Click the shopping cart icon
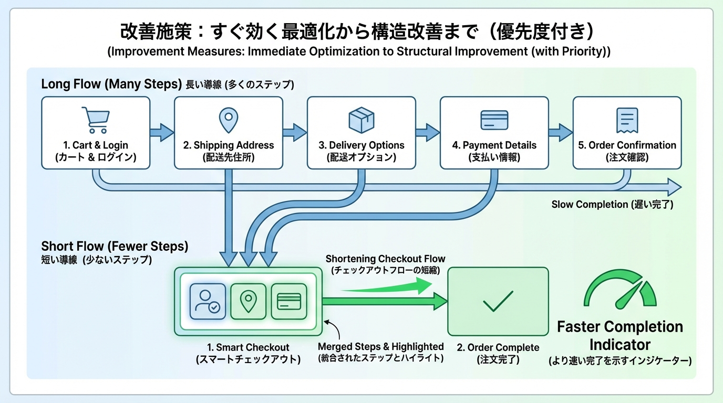(x=95, y=120)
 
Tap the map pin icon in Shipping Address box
(x=229, y=120)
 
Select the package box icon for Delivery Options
(x=361, y=120)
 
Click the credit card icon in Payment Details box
(x=494, y=120)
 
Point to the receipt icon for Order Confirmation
(x=627, y=120)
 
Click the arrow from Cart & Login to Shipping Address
(x=161, y=132)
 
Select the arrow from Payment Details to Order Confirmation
(x=560, y=132)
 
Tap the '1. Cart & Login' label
(x=95, y=145)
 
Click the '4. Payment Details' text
(x=494, y=145)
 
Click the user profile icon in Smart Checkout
(x=208, y=302)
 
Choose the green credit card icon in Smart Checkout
(x=289, y=302)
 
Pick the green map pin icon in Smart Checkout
(x=249, y=302)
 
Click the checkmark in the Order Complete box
(x=498, y=301)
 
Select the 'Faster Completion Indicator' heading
(x=620, y=336)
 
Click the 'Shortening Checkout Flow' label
(x=385, y=259)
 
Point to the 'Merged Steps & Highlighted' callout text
(x=381, y=347)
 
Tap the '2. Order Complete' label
(x=498, y=348)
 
